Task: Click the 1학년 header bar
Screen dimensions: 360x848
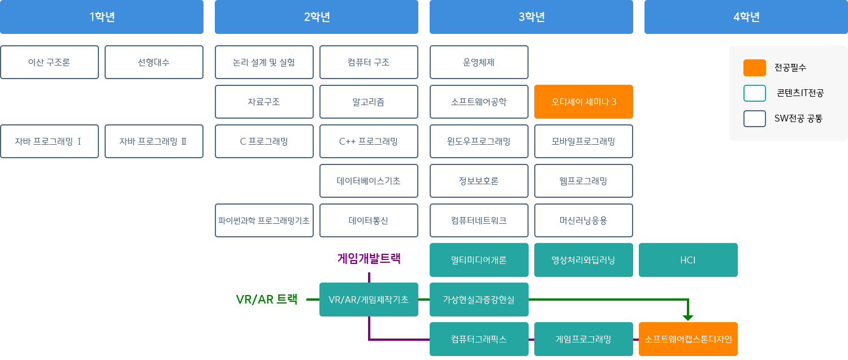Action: (102, 17)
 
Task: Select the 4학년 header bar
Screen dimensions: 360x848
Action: (746, 17)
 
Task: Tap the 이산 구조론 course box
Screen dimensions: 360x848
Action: (49, 62)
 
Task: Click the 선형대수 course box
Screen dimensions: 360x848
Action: (154, 62)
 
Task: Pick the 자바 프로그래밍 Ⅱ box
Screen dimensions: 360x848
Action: (154, 141)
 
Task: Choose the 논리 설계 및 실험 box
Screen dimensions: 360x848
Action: (264, 62)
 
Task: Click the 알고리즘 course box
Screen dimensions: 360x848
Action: (369, 102)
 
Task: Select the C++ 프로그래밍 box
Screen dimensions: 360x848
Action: (369, 141)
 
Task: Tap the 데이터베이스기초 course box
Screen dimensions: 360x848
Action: (369, 181)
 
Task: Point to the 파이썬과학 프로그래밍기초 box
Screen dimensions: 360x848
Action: (264, 220)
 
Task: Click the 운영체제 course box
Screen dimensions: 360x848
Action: (479, 62)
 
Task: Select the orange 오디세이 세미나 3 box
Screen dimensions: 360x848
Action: (583, 102)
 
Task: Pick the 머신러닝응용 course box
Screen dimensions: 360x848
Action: (583, 220)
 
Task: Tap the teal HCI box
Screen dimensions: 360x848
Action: (688, 260)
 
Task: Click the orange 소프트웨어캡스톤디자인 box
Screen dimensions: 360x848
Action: (688, 339)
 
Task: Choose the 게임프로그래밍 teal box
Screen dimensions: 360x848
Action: (583, 339)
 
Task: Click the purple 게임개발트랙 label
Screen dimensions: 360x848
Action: (369, 258)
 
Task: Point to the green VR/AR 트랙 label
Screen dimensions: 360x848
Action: (266, 300)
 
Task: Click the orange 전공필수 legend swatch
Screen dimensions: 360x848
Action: (754, 68)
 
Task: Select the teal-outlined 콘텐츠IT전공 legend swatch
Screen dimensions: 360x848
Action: (754, 93)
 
